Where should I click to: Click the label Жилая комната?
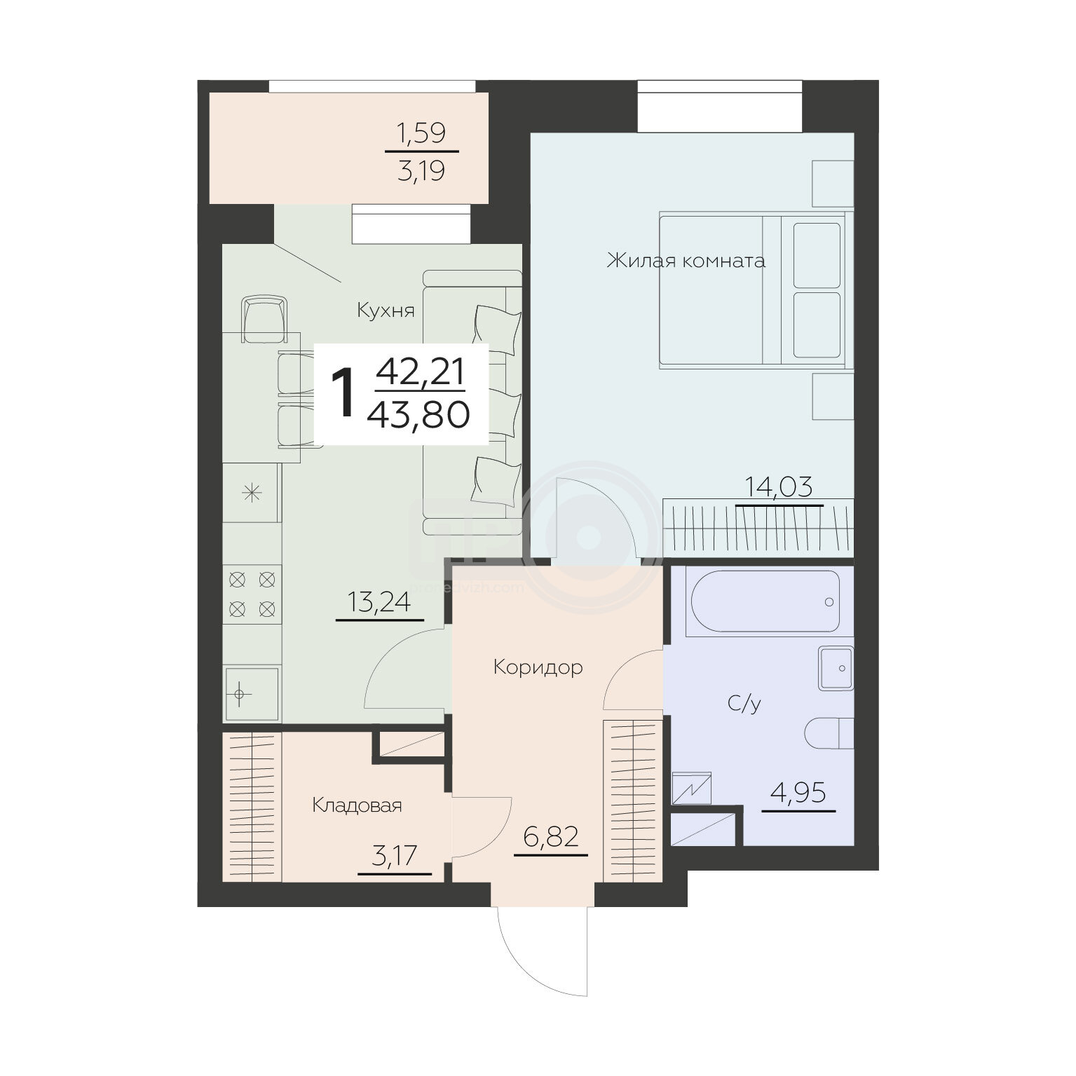tap(686, 261)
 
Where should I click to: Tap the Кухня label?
tap(386, 311)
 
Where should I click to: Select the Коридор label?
tap(538, 667)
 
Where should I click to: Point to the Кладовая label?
tap(357, 805)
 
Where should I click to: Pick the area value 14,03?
tap(778, 486)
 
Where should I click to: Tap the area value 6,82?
tap(551, 836)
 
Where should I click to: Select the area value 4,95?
tap(798, 794)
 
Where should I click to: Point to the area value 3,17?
tap(395, 856)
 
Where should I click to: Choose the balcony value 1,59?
tap(421, 132)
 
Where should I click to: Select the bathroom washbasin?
tap(836, 668)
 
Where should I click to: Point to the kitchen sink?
tap(251, 694)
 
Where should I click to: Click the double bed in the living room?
tap(751, 290)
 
